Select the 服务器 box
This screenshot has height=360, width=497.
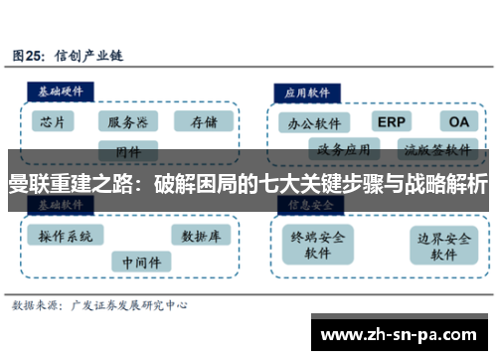click(x=127, y=122)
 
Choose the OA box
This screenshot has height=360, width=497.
click(x=458, y=121)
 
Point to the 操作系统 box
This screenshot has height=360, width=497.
click(x=66, y=237)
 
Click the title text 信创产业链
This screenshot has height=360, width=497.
click(x=85, y=56)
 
